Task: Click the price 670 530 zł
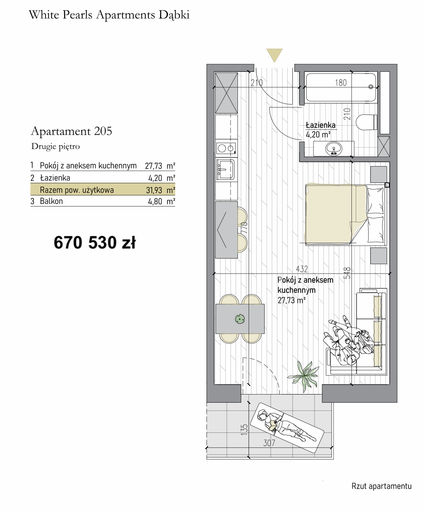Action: (x=95, y=243)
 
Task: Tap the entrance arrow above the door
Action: (x=274, y=55)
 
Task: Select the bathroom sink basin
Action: (x=334, y=149)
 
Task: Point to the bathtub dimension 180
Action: (x=340, y=83)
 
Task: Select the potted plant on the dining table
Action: (x=240, y=318)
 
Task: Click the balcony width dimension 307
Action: (x=269, y=443)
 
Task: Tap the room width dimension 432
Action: (x=302, y=269)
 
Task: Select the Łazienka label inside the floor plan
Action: (x=320, y=125)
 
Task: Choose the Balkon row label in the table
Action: (x=51, y=201)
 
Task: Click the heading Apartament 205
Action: (x=71, y=131)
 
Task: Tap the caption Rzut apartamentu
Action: (x=381, y=486)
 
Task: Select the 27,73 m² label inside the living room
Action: (x=292, y=300)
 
